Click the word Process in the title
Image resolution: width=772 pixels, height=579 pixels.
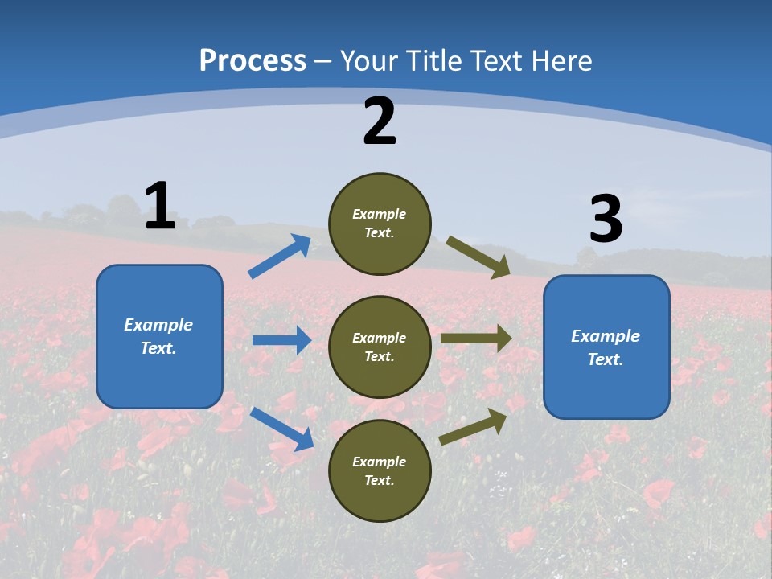(x=253, y=60)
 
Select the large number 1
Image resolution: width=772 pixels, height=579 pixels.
(x=160, y=207)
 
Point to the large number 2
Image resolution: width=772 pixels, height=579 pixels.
(x=380, y=121)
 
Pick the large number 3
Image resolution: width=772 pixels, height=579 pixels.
(x=606, y=220)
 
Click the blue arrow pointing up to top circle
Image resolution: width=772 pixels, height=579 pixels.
(x=279, y=257)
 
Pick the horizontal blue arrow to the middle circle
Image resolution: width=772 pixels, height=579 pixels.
(x=281, y=340)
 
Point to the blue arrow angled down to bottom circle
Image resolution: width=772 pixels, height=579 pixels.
(x=282, y=429)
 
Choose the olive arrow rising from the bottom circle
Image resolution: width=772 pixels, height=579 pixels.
(x=473, y=426)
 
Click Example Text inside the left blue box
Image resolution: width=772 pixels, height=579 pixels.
(x=158, y=336)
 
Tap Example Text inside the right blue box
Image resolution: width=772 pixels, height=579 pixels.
(x=606, y=347)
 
